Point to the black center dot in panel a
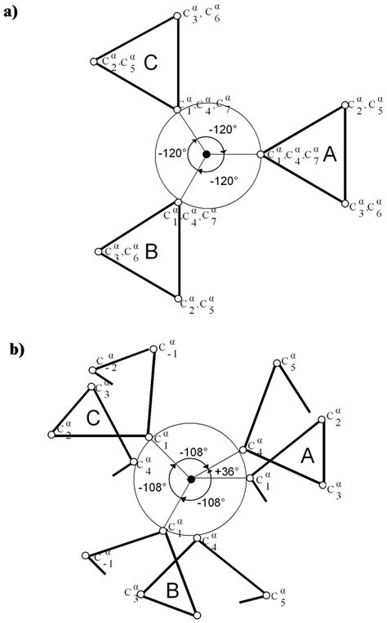tap(207, 153)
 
